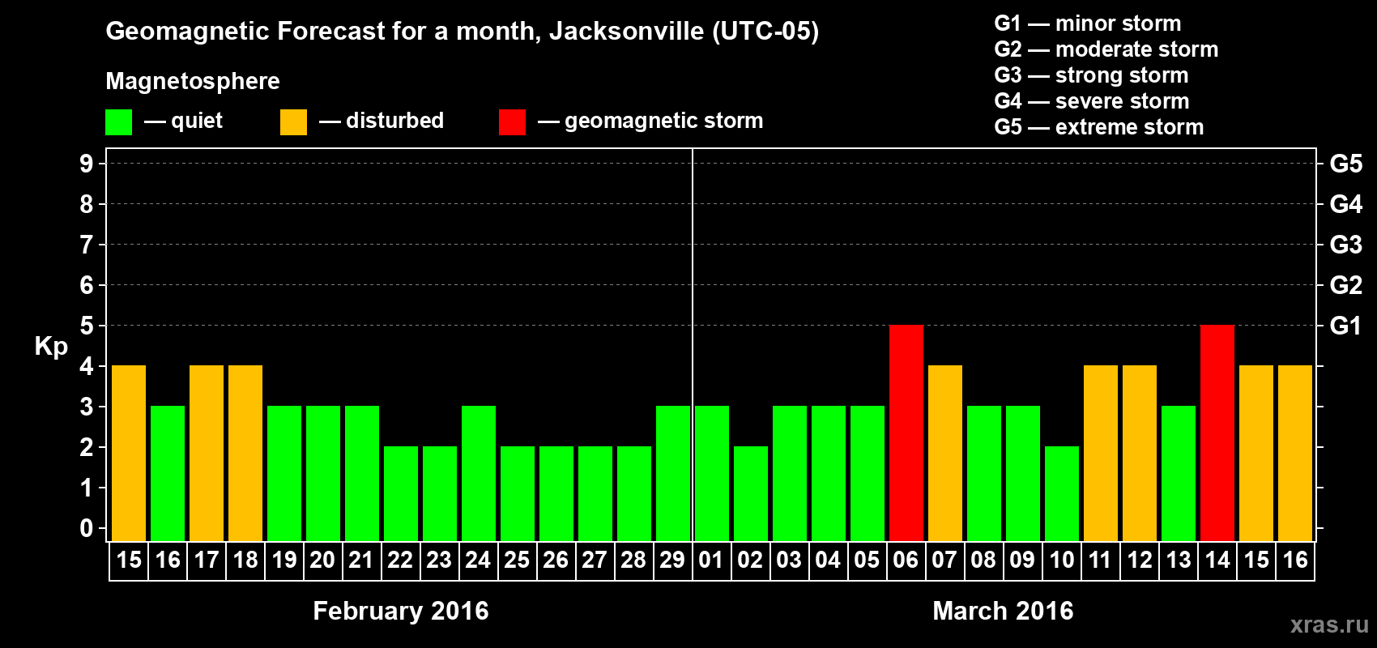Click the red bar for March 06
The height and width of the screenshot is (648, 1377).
pos(906,433)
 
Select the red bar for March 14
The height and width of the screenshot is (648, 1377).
pos(1217,433)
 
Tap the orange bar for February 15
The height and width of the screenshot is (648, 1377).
pos(129,453)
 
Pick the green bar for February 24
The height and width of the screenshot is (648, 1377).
pos(479,473)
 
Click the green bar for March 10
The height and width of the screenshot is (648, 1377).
pos(1061,493)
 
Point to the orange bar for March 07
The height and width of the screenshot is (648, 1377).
pos(944,453)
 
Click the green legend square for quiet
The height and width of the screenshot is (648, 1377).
pos(118,122)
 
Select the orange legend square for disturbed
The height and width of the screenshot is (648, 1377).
pos(293,122)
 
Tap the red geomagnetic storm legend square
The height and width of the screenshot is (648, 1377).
pos(512,122)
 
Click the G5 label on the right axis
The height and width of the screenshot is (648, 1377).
pos(1345,164)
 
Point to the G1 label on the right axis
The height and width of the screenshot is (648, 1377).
pos(1345,326)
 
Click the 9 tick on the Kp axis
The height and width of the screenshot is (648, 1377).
pos(87,164)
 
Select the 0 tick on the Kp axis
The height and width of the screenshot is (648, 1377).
pos(87,528)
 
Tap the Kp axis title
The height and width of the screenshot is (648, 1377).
pos(51,347)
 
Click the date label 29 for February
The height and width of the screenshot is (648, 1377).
pos(672,560)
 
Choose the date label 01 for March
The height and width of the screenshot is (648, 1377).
pos(711,560)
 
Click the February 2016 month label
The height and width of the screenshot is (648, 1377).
pos(401,611)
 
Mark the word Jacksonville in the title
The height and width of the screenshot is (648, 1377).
pos(626,31)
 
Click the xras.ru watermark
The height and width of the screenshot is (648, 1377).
pos(1329,624)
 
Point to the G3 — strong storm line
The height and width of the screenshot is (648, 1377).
pos(1091,75)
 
